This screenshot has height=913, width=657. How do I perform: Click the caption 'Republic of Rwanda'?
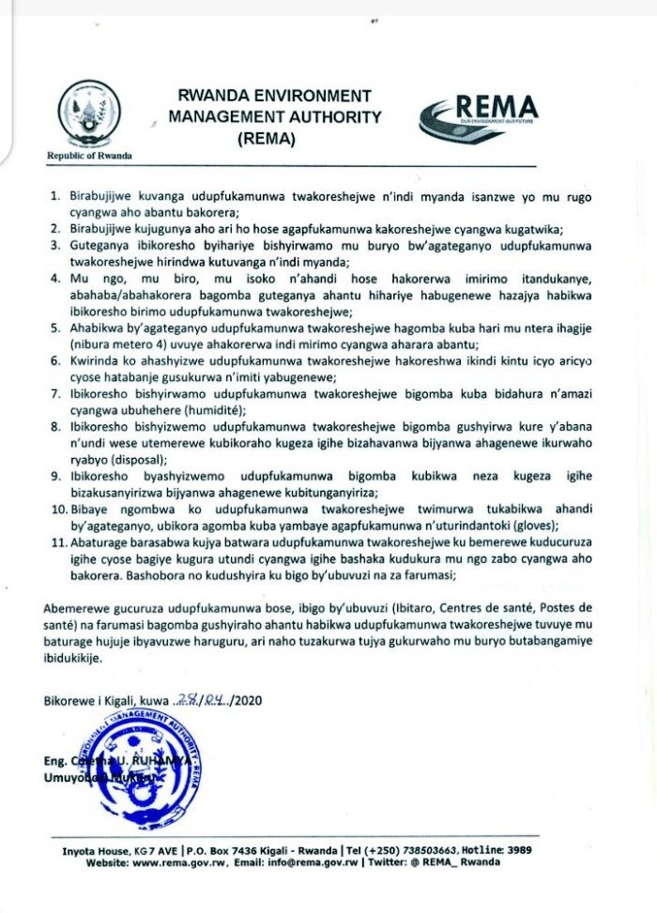click(89, 156)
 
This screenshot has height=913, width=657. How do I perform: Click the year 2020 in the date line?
click(250, 700)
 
